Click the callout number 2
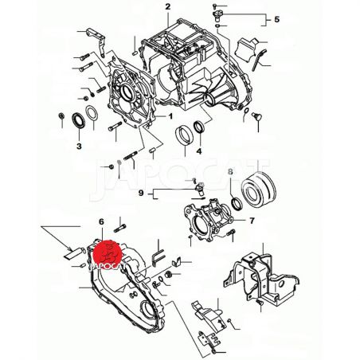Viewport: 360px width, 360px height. (x=167, y=6)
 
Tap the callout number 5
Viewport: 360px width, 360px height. (x=276, y=19)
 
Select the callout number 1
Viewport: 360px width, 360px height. (x=170, y=116)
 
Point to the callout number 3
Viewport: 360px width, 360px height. (x=79, y=146)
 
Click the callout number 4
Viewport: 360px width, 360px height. (x=199, y=151)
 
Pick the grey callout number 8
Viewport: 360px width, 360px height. (x=230, y=171)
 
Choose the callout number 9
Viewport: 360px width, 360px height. (x=141, y=193)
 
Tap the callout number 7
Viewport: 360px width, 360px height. (x=252, y=221)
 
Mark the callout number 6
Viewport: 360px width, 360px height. (x=101, y=221)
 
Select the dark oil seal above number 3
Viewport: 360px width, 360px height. (x=79, y=120)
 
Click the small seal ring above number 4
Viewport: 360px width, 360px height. (x=199, y=127)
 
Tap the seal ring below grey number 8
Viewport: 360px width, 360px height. (x=237, y=204)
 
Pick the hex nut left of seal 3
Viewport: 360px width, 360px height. (x=61, y=116)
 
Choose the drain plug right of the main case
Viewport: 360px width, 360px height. (x=257, y=116)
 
